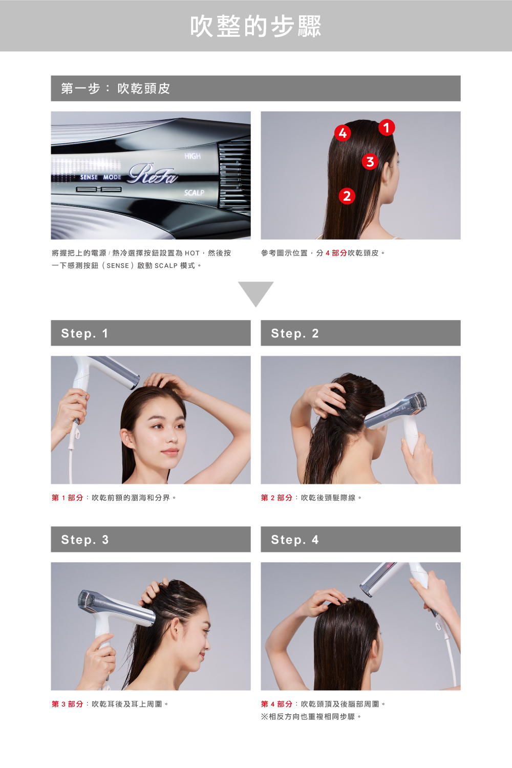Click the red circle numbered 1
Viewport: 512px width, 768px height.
tap(387, 127)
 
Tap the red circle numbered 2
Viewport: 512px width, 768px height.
tap(347, 196)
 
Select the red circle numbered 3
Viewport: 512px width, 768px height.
tap(370, 161)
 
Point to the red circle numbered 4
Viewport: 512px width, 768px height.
tap(342, 133)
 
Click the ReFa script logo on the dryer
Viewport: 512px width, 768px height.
tap(153, 174)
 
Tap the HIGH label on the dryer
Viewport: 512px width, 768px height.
tap(193, 156)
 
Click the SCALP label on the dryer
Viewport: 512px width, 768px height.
tap(194, 193)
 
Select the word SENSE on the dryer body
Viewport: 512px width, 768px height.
tap(89, 177)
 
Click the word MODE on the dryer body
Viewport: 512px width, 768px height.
tap(112, 177)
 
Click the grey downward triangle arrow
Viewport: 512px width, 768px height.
tap(255, 291)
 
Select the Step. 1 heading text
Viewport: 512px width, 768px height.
tap(84, 333)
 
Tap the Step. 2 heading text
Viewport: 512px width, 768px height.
tap(294, 333)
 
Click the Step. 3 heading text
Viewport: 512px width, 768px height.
tap(84, 540)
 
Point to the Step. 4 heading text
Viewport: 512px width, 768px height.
tap(294, 540)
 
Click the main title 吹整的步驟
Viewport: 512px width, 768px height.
tap(256, 26)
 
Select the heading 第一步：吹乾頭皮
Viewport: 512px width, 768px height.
tap(116, 89)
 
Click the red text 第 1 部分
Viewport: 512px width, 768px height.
tap(68, 498)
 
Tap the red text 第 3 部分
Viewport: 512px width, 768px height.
tap(68, 704)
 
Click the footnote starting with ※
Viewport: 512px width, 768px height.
tap(311, 717)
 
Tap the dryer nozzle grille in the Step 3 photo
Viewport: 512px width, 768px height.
tap(86, 598)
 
